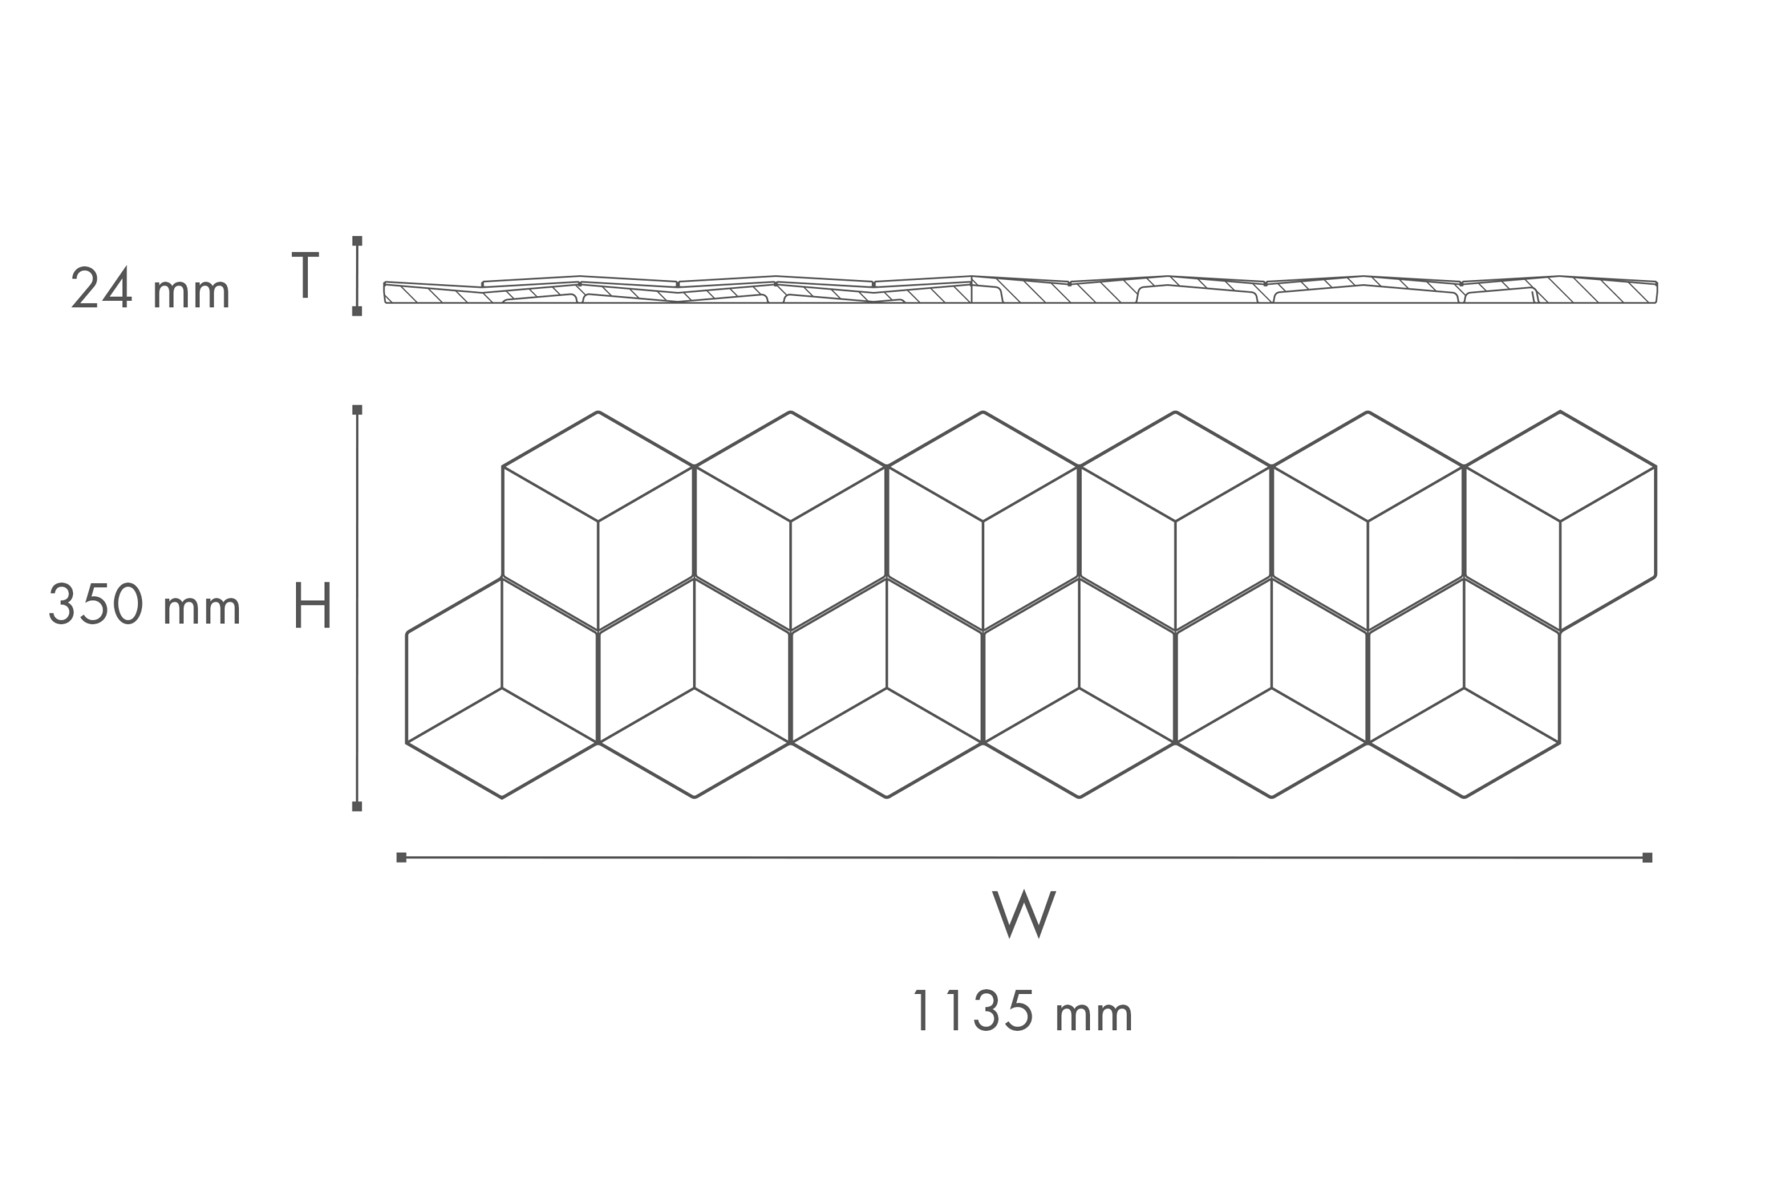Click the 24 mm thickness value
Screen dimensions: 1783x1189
pyautogui.click(x=150, y=288)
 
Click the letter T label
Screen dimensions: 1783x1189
pyautogui.click(x=306, y=274)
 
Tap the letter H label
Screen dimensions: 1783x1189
pyautogui.click(x=312, y=605)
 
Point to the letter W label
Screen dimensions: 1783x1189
pyautogui.click(x=1023, y=914)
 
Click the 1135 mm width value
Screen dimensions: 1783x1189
pyautogui.click(x=1023, y=1011)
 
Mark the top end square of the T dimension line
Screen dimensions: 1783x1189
pyautogui.click(x=357, y=241)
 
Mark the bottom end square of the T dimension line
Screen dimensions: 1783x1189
pyautogui.click(x=357, y=311)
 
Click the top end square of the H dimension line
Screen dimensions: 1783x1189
pyautogui.click(x=357, y=410)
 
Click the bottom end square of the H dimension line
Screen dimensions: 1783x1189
pyautogui.click(x=357, y=807)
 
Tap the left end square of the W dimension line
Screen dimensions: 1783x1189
pyautogui.click(x=401, y=857)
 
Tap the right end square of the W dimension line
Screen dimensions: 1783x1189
pyautogui.click(x=1647, y=857)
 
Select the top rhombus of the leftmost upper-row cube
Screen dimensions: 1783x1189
pyautogui.click(x=598, y=467)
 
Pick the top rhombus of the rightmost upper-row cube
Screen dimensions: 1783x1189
pyautogui.click(x=1560, y=467)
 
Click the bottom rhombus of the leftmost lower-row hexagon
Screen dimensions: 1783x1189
pyautogui.click(x=502, y=743)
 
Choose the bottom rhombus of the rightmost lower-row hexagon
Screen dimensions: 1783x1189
pyautogui.click(x=1464, y=743)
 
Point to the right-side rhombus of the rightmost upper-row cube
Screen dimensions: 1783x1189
pyautogui.click(x=1608, y=549)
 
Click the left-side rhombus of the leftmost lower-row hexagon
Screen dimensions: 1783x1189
pyautogui.click(x=454, y=660)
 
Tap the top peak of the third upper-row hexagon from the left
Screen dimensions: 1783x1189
pyautogui.click(x=983, y=412)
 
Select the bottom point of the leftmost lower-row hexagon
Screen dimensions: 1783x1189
pyautogui.click(x=502, y=798)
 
